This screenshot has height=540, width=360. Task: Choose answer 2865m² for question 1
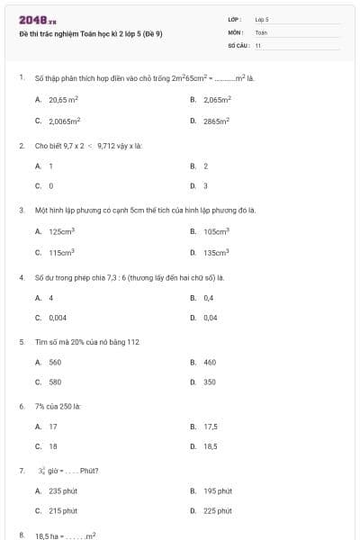(x=217, y=120)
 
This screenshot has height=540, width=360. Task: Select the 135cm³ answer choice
(x=216, y=253)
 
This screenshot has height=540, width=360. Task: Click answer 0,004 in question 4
(x=58, y=318)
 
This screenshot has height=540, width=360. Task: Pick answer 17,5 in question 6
(x=211, y=427)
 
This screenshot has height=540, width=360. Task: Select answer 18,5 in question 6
(x=211, y=446)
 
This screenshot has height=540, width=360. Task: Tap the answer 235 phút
(x=60, y=490)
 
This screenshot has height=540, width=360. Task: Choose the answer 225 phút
(x=217, y=511)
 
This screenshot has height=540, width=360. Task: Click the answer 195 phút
(x=217, y=490)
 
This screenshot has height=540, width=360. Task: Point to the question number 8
(x=21, y=535)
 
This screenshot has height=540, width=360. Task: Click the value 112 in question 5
(x=133, y=342)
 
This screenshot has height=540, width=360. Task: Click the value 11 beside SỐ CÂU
(x=258, y=44)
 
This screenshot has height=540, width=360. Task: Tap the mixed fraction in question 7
(x=41, y=470)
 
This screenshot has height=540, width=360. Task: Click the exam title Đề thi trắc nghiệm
(x=82, y=33)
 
